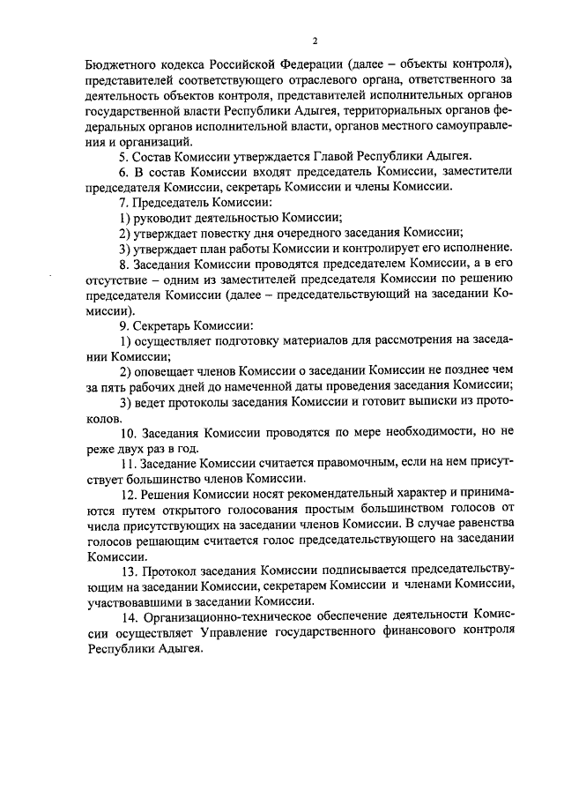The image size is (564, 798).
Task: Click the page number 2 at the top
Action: pyautogui.click(x=314, y=40)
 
